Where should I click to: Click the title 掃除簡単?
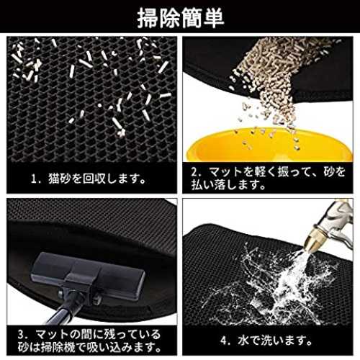181,18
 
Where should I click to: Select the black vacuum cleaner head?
89,275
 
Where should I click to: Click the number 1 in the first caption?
34,179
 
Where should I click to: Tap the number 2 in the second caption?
194,172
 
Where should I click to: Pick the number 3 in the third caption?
21,334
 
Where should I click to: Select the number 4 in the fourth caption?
223,341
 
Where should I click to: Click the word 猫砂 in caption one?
60,179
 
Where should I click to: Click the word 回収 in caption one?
94,179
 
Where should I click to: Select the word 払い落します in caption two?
228,185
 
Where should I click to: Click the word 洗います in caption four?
286,341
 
